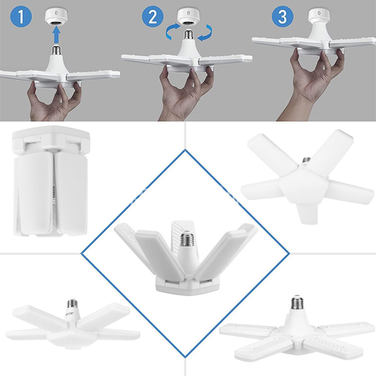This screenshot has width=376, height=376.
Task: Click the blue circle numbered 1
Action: (21, 17)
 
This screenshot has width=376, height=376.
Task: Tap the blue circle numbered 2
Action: (153, 17)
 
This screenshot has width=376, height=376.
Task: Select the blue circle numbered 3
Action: (282, 17)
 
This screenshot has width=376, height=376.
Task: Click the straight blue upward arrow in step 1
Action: (56, 34)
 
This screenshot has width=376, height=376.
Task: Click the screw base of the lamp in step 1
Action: (56, 50)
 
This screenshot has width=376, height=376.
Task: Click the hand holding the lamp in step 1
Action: (52, 100)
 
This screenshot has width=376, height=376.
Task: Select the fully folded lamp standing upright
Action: (50, 182)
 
